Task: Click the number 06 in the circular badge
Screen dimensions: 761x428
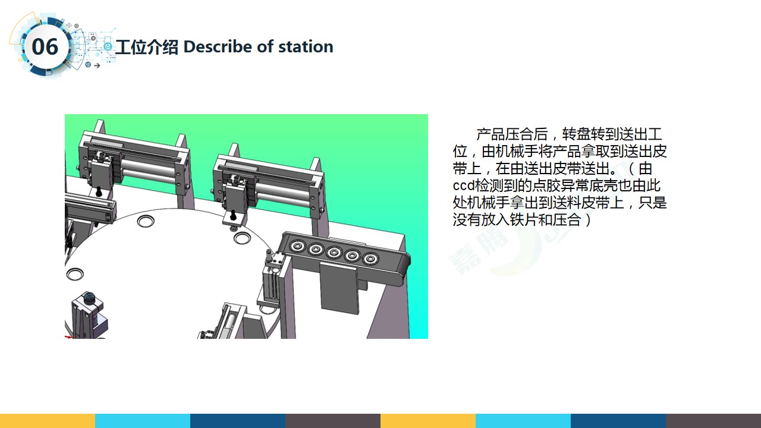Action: pos(45,47)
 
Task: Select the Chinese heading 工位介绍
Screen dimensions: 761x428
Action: pos(147,47)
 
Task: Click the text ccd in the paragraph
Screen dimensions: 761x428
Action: pos(463,186)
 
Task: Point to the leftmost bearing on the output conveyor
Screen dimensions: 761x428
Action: pos(297,246)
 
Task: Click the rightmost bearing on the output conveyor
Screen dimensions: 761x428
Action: pos(370,259)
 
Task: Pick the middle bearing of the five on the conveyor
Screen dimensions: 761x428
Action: pos(334,253)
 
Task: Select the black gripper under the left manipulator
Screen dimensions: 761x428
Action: pos(99,191)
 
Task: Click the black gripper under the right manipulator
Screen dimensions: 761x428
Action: pos(233,215)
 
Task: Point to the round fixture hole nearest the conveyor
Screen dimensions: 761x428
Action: pos(243,237)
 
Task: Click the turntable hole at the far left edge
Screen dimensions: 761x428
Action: pos(75,274)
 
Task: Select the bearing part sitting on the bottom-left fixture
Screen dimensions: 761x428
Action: pos(89,298)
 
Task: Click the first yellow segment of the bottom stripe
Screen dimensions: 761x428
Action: pos(48,421)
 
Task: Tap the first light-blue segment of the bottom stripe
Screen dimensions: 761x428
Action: pos(143,421)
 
